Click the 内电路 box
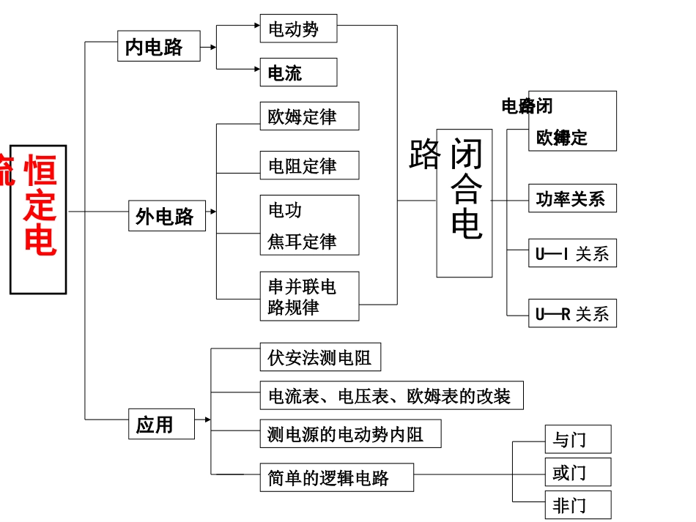(x=158, y=46)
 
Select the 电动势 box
(x=298, y=29)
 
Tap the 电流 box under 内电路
(x=298, y=72)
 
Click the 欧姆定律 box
(x=309, y=116)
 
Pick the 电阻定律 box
(x=309, y=165)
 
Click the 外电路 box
(x=167, y=215)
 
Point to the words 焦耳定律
(x=302, y=242)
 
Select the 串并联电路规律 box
(x=309, y=297)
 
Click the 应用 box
(x=161, y=424)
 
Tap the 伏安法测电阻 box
(x=320, y=357)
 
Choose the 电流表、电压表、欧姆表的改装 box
(x=391, y=395)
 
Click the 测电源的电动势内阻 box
(x=350, y=433)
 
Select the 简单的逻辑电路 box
(x=336, y=477)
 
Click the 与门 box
(x=577, y=439)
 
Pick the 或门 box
(x=577, y=472)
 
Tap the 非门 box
(x=577, y=505)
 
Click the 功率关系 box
(x=572, y=198)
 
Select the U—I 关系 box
(x=572, y=253)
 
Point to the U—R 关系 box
(x=572, y=313)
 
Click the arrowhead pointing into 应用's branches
(x=207, y=420)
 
